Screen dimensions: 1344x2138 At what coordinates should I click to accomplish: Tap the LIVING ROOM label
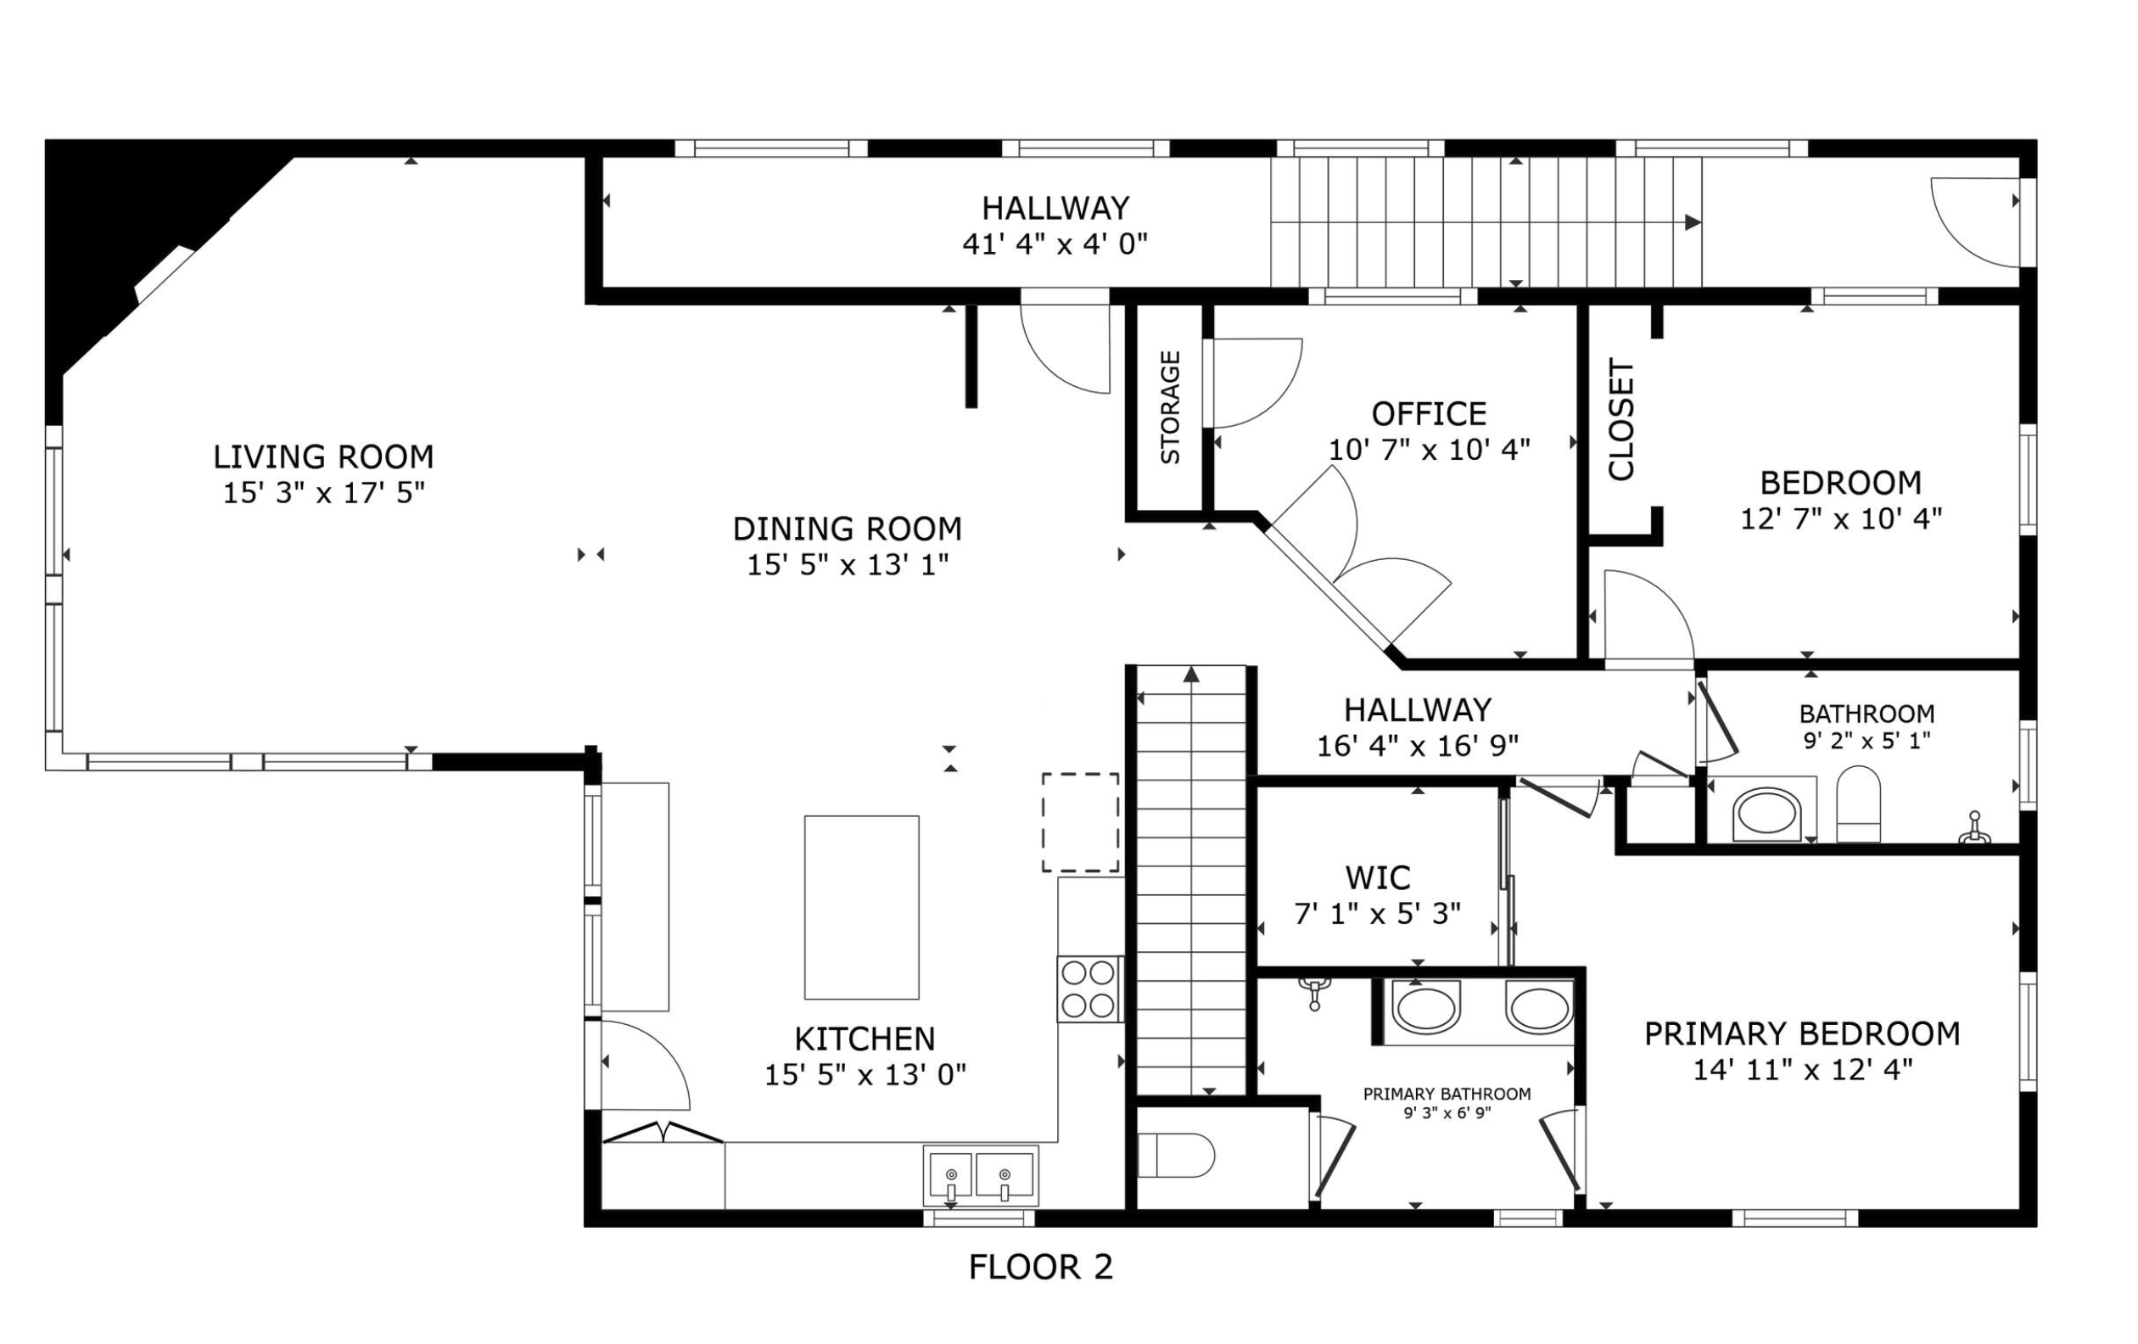(323, 457)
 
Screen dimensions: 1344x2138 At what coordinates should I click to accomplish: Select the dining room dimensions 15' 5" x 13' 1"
(847, 564)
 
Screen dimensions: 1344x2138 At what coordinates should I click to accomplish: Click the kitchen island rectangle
(861, 907)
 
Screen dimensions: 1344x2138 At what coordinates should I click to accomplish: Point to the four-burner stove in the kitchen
(1089, 989)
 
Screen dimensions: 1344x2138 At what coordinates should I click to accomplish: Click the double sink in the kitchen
(980, 1175)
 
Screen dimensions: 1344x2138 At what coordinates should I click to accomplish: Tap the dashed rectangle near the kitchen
(1080, 822)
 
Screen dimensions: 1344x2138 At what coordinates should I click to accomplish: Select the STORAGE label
(1170, 407)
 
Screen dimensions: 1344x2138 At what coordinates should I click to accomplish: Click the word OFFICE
(1429, 415)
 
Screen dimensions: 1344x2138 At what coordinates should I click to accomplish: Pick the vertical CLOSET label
(1621, 420)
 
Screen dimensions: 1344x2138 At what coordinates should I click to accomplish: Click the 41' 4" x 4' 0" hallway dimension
(1055, 244)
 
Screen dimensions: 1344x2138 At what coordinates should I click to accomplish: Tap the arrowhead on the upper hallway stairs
(1693, 222)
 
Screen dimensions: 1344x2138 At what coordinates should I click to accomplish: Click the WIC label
(1377, 878)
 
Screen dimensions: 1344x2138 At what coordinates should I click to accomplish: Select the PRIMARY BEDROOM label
(1801, 1034)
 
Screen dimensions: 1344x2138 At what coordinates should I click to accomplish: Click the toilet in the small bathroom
(1858, 804)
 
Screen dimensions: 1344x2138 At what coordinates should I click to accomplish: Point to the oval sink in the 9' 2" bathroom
(1766, 813)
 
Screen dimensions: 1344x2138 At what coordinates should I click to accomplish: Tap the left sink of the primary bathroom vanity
(1425, 1007)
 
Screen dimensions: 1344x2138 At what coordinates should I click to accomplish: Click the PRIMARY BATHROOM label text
(1447, 1095)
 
